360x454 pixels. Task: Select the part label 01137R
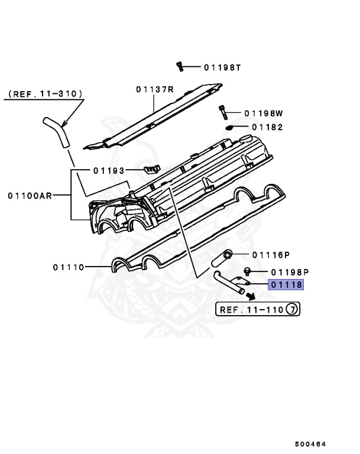pos(154,89)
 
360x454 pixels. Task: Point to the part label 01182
pos(268,127)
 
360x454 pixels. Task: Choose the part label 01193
pos(108,170)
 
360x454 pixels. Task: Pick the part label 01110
pos(70,267)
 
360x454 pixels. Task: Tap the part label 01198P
pos(290,272)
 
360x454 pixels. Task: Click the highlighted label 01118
pos(287,285)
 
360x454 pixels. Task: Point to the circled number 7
pos(291,309)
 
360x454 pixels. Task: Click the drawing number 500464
pos(311,443)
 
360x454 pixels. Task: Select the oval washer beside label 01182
pos(231,127)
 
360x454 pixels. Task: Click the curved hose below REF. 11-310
pos(57,131)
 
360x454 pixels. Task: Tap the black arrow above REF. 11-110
pos(252,297)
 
